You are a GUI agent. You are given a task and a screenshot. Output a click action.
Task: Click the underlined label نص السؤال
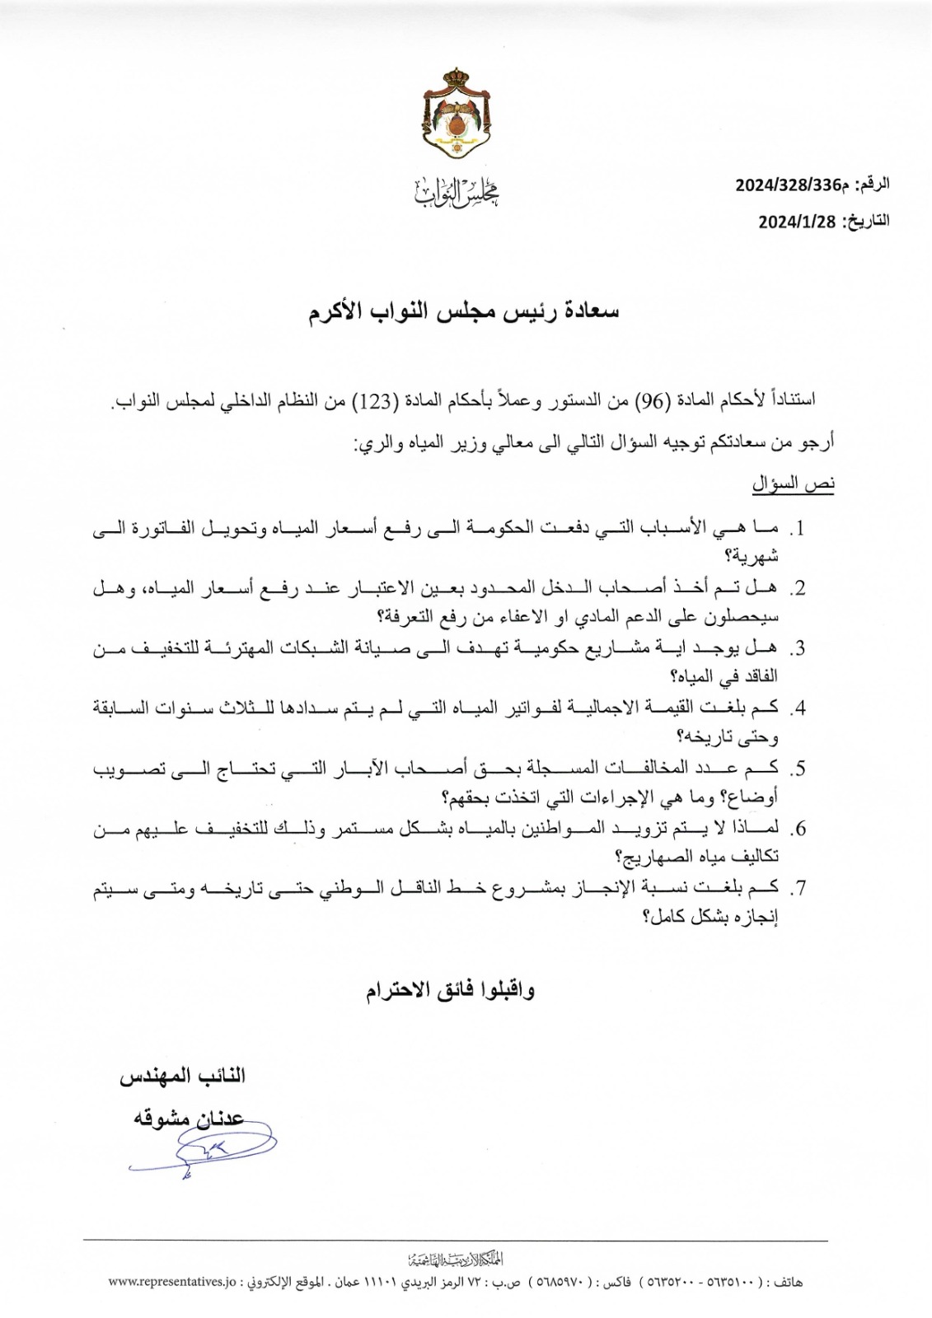[793, 484]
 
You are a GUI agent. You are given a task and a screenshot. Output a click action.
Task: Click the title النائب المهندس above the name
[183, 1076]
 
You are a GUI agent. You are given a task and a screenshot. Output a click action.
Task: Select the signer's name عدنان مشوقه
[190, 1119]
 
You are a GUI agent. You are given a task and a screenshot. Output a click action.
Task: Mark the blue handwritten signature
[202, 1150]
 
